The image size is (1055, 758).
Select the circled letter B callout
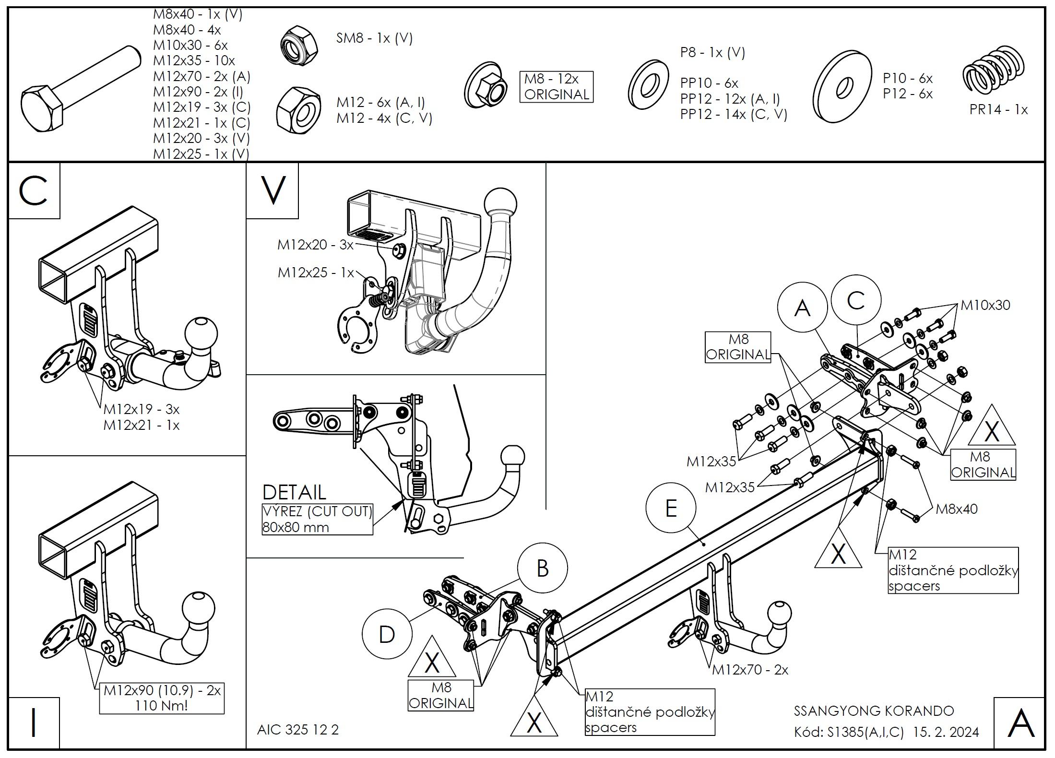click(x=542, y=568)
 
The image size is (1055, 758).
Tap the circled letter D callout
click(x=387, y=634)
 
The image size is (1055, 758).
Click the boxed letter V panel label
click(x=273, y=190)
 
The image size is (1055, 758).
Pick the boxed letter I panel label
click(x=34, y=723)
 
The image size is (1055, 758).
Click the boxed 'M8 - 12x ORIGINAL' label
click(x=556, y=87)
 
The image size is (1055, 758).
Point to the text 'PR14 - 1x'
click(x=998, y=110)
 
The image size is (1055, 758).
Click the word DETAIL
click(x=294, y=492)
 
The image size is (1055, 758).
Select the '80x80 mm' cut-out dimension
click(x=296, y=528)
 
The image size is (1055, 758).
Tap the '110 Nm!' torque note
click(x=161, y=705)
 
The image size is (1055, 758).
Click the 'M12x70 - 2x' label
click(x=750, y=670)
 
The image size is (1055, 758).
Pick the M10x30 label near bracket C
click(x=985, y=305)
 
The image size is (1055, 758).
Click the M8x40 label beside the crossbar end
click(x=956, y=509)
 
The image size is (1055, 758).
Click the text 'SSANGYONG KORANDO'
click(x=874, y=711)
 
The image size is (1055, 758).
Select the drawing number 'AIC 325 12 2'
click(x=297, y=730)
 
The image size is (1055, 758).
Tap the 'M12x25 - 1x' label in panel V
click(x=316, y=273)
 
